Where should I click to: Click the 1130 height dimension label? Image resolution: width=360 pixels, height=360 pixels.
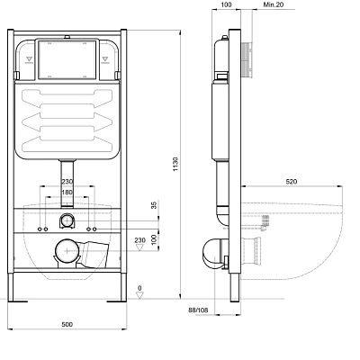(175, 164)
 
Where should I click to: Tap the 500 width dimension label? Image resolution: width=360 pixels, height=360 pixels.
(67, 324)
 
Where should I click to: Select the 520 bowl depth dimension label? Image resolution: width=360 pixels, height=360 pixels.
(292, 182)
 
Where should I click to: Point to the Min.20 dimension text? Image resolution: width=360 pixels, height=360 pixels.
(274, 4)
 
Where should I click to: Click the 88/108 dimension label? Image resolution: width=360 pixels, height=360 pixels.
(198, 310)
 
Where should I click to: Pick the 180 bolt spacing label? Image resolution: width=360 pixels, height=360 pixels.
(67, 193)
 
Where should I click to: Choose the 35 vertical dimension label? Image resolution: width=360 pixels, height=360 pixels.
(154, 205)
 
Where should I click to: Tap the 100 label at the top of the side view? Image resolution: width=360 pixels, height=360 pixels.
(226, 4)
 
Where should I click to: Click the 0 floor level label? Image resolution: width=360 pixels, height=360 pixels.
(139, 288)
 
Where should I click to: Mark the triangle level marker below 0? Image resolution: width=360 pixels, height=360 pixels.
(139, 295)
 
